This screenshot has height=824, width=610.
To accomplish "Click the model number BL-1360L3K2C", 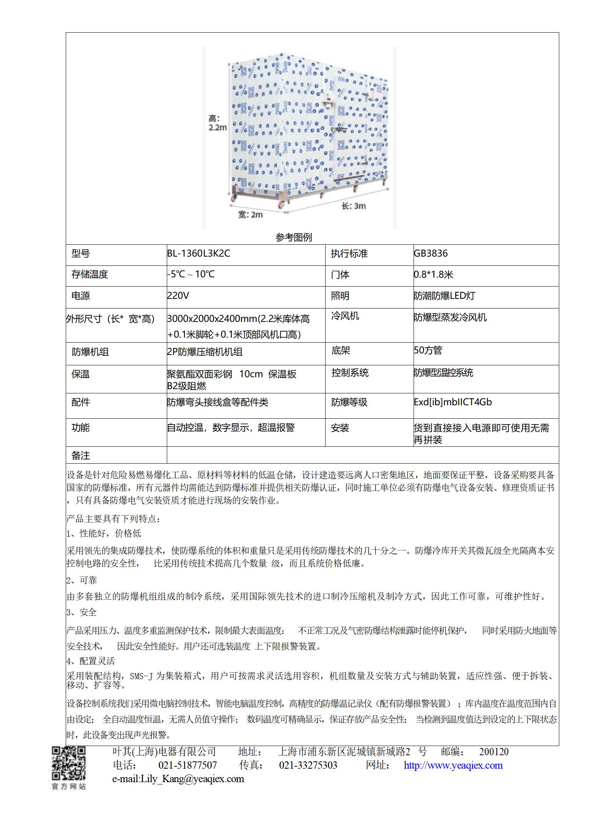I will [x=198, y=254].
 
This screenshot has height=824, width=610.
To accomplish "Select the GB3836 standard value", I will [x=430, y=254].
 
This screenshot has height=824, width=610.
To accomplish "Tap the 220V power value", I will [x=178, y=295].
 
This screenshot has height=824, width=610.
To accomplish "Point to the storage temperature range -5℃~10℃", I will [x=191, y=274].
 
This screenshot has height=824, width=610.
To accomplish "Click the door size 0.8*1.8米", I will [x=434, y=275].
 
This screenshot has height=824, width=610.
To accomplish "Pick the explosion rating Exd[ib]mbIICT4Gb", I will [x=452, y=402].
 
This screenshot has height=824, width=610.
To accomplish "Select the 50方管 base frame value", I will [x=428, y=350].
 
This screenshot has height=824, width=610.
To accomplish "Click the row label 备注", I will [x=80, y=456].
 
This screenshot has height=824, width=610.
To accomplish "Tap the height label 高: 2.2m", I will [x=218, y=123].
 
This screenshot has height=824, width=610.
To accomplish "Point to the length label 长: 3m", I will [x=354, y=206].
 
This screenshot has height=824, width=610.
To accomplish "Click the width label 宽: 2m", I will [x=250, y=215].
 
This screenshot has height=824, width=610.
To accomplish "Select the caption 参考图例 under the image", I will [x=294, y=237].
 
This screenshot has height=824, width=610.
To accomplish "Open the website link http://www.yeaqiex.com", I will [x=453, y=765].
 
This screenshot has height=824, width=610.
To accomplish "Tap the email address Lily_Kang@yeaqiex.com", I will [x=192, y=779].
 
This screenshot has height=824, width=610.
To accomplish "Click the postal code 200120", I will [x=494, y=752].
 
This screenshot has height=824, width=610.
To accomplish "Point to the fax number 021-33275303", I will [x=308, y=765].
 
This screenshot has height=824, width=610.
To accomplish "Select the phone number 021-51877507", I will [x=188, y=765].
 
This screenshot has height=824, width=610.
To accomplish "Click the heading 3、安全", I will [x=81, y=612].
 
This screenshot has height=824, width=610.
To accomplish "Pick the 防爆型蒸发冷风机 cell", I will [x=450, y=317].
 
